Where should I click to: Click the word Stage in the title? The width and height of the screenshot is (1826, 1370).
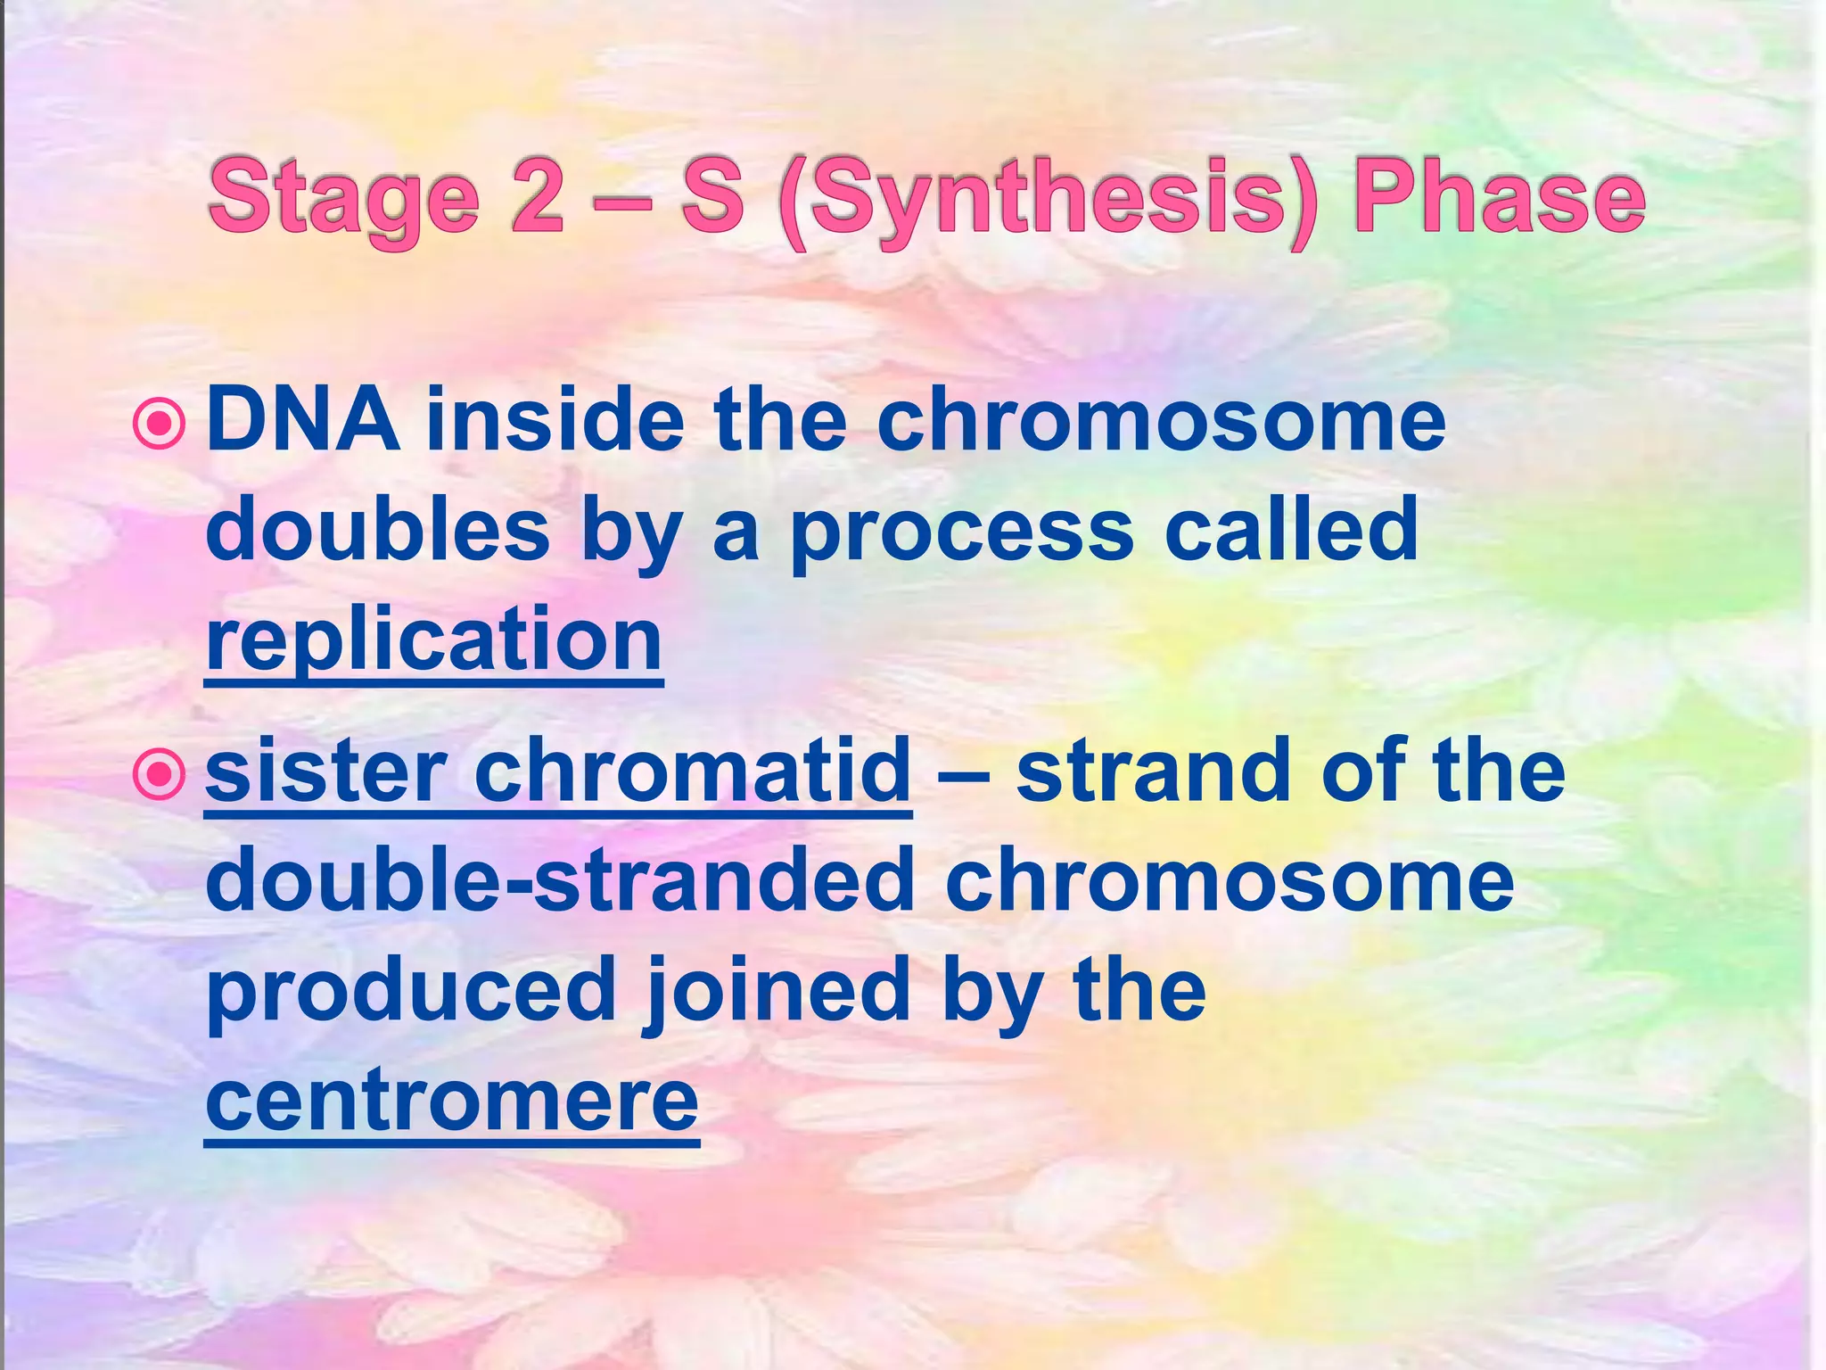tap(344, 198)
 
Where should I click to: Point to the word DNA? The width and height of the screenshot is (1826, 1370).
tap(302, 419)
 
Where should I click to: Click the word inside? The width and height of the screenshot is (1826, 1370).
tap(555, 419)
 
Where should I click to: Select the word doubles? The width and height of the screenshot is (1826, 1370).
tap(377, 530)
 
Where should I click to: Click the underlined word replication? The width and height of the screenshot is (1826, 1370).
tap(433, 640)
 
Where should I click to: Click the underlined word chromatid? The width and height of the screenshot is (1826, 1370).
tap(692, 770)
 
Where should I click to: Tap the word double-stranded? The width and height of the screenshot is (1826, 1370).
tap(560, 879)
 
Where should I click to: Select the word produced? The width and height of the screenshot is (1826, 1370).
tap(411, 990)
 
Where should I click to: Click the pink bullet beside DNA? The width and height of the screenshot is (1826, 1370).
tap(159, 424)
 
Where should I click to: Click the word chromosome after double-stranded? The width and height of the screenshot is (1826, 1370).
tap(1230, 879)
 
